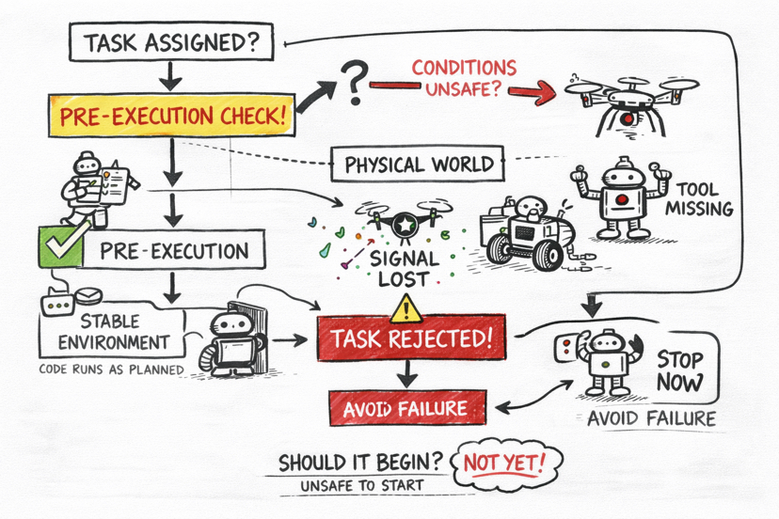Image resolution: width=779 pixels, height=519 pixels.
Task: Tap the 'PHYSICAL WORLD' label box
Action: point(419,165)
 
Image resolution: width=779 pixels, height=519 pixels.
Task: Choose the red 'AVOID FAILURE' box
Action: point(405,407)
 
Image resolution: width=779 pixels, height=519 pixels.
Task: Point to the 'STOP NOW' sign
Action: point(678,370)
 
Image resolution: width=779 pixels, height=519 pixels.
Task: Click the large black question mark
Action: point(353,84)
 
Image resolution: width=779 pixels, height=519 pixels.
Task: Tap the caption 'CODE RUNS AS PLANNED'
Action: point(111,370)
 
